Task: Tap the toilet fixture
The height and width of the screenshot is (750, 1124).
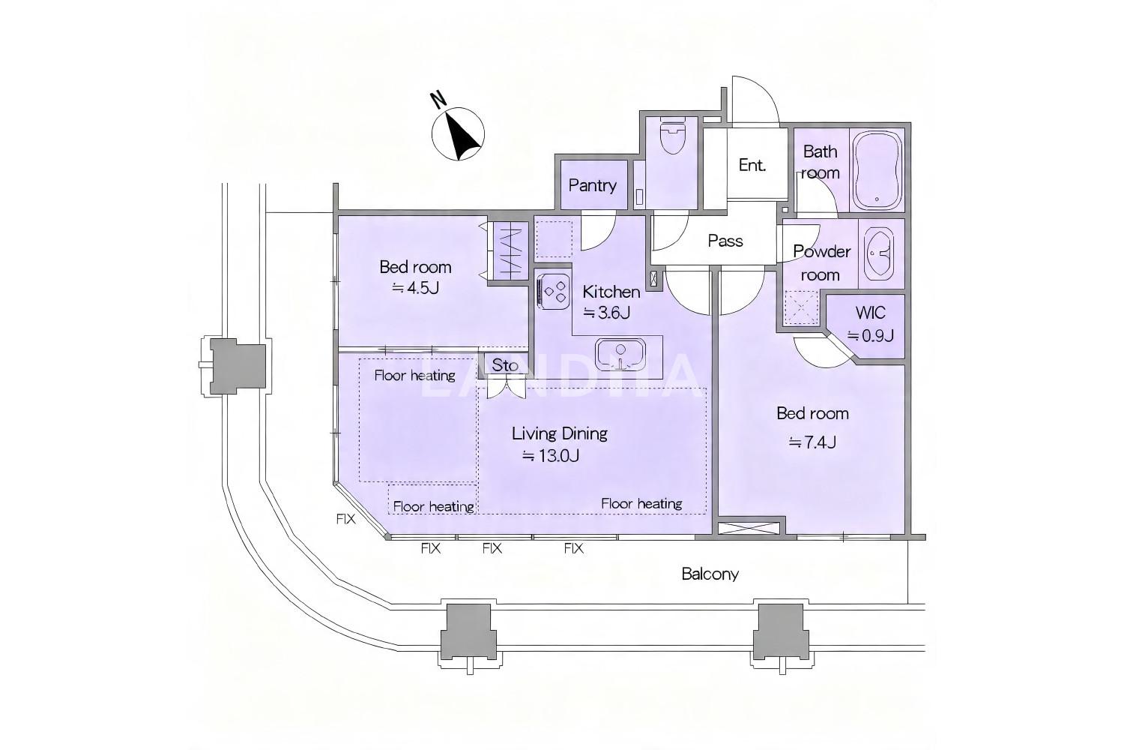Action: [671, 136]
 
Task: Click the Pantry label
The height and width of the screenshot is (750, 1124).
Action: [592, 185]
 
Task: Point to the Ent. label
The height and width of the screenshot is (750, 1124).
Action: [752, 165]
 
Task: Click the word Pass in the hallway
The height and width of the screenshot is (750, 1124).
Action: [725, 241]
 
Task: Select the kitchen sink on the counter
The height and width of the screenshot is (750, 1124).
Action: [620, 354]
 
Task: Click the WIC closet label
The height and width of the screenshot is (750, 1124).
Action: [871, 313]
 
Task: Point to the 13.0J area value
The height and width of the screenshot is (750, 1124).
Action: [551, 456]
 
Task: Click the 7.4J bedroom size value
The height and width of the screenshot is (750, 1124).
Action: [812, 442]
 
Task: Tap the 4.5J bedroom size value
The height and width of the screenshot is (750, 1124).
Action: [415, 288]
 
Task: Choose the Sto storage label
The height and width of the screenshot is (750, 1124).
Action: [504, 364]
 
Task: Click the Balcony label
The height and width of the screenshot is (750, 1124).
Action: [710, 574]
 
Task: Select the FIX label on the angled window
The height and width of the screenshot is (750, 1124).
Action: [345, 519]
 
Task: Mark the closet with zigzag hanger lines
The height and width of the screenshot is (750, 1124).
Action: [510, 250]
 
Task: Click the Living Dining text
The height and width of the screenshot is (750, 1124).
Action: [560, 433]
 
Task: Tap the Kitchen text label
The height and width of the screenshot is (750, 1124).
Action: [611, 292]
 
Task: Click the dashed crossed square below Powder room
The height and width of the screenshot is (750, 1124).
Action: [801, 307]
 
